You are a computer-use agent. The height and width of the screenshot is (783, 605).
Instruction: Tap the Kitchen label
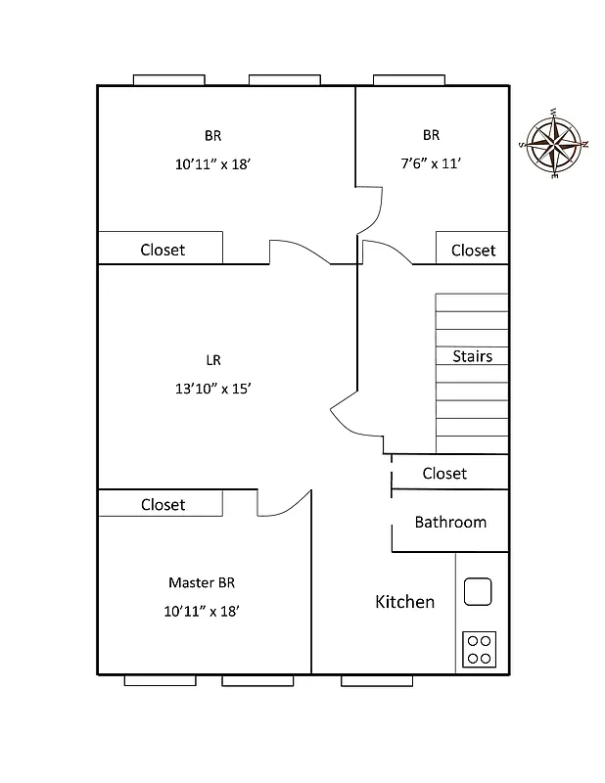(x=404, y=602)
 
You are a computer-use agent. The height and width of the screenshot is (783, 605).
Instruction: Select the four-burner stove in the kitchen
(x=479, y=649)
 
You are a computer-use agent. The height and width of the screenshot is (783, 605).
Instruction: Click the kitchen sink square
(x=477, y=591)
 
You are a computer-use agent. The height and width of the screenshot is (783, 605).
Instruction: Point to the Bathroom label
(x=450, y=522)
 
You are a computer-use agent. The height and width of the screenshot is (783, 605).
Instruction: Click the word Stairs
(x=472, y=356)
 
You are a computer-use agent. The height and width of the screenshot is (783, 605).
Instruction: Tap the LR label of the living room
(x=213, y=360)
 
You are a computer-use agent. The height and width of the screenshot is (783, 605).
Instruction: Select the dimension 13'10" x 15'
(x=213, y=389)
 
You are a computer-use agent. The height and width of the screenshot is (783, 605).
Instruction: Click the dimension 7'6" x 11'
(x=431, y=163)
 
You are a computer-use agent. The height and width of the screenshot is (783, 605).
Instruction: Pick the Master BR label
(x=202, y=582)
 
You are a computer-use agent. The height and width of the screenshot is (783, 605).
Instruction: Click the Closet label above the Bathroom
(x=444, y=474)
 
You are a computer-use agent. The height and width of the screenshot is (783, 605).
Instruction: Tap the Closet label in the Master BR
(x=163, y=505)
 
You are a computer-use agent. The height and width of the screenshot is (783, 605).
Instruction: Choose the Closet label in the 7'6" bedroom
(x=473, y=251)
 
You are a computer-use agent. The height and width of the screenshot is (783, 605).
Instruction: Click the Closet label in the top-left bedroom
(x=163, y=250)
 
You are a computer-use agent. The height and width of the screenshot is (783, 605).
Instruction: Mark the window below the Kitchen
(x=377, y=680)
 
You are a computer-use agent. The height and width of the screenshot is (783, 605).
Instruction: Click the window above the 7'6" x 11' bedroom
(x=409, y=80)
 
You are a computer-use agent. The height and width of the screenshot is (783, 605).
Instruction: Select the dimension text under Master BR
(x=202, y=611)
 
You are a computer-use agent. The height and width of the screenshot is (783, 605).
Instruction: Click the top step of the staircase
(x=472, y=302)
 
